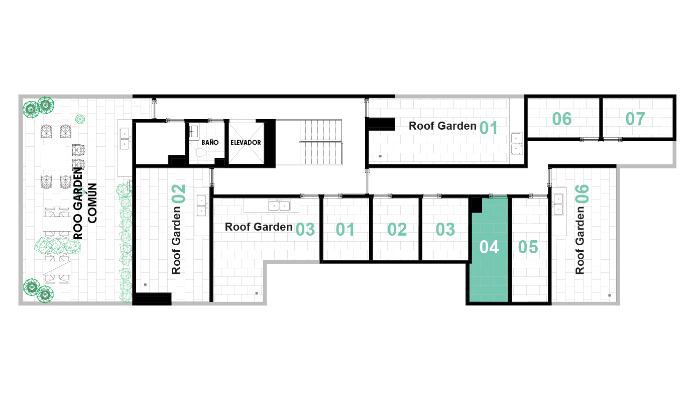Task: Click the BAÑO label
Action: point(210,142)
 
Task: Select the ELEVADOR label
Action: point(246,142)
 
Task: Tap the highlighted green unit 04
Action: point(489,249)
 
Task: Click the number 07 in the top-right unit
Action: point(635,119)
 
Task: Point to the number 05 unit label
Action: point(528,247)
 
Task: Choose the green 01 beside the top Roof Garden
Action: point(489,128)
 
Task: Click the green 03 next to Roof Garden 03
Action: point(305,229)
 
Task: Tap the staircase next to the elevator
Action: point(320,142)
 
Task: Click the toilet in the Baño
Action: point(198,153)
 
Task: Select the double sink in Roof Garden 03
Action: point(279,206)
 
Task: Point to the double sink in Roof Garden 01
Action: point(516,144)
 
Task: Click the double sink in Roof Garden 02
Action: point(201,206)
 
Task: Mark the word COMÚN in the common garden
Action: point(92,203)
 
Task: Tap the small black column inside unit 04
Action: point(477,205)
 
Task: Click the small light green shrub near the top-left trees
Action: point(80,119)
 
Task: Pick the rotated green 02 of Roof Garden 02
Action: point(178,194)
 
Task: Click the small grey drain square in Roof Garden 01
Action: point(380,156)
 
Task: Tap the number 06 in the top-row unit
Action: point(562,119)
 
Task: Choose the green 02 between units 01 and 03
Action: point(397,229)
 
